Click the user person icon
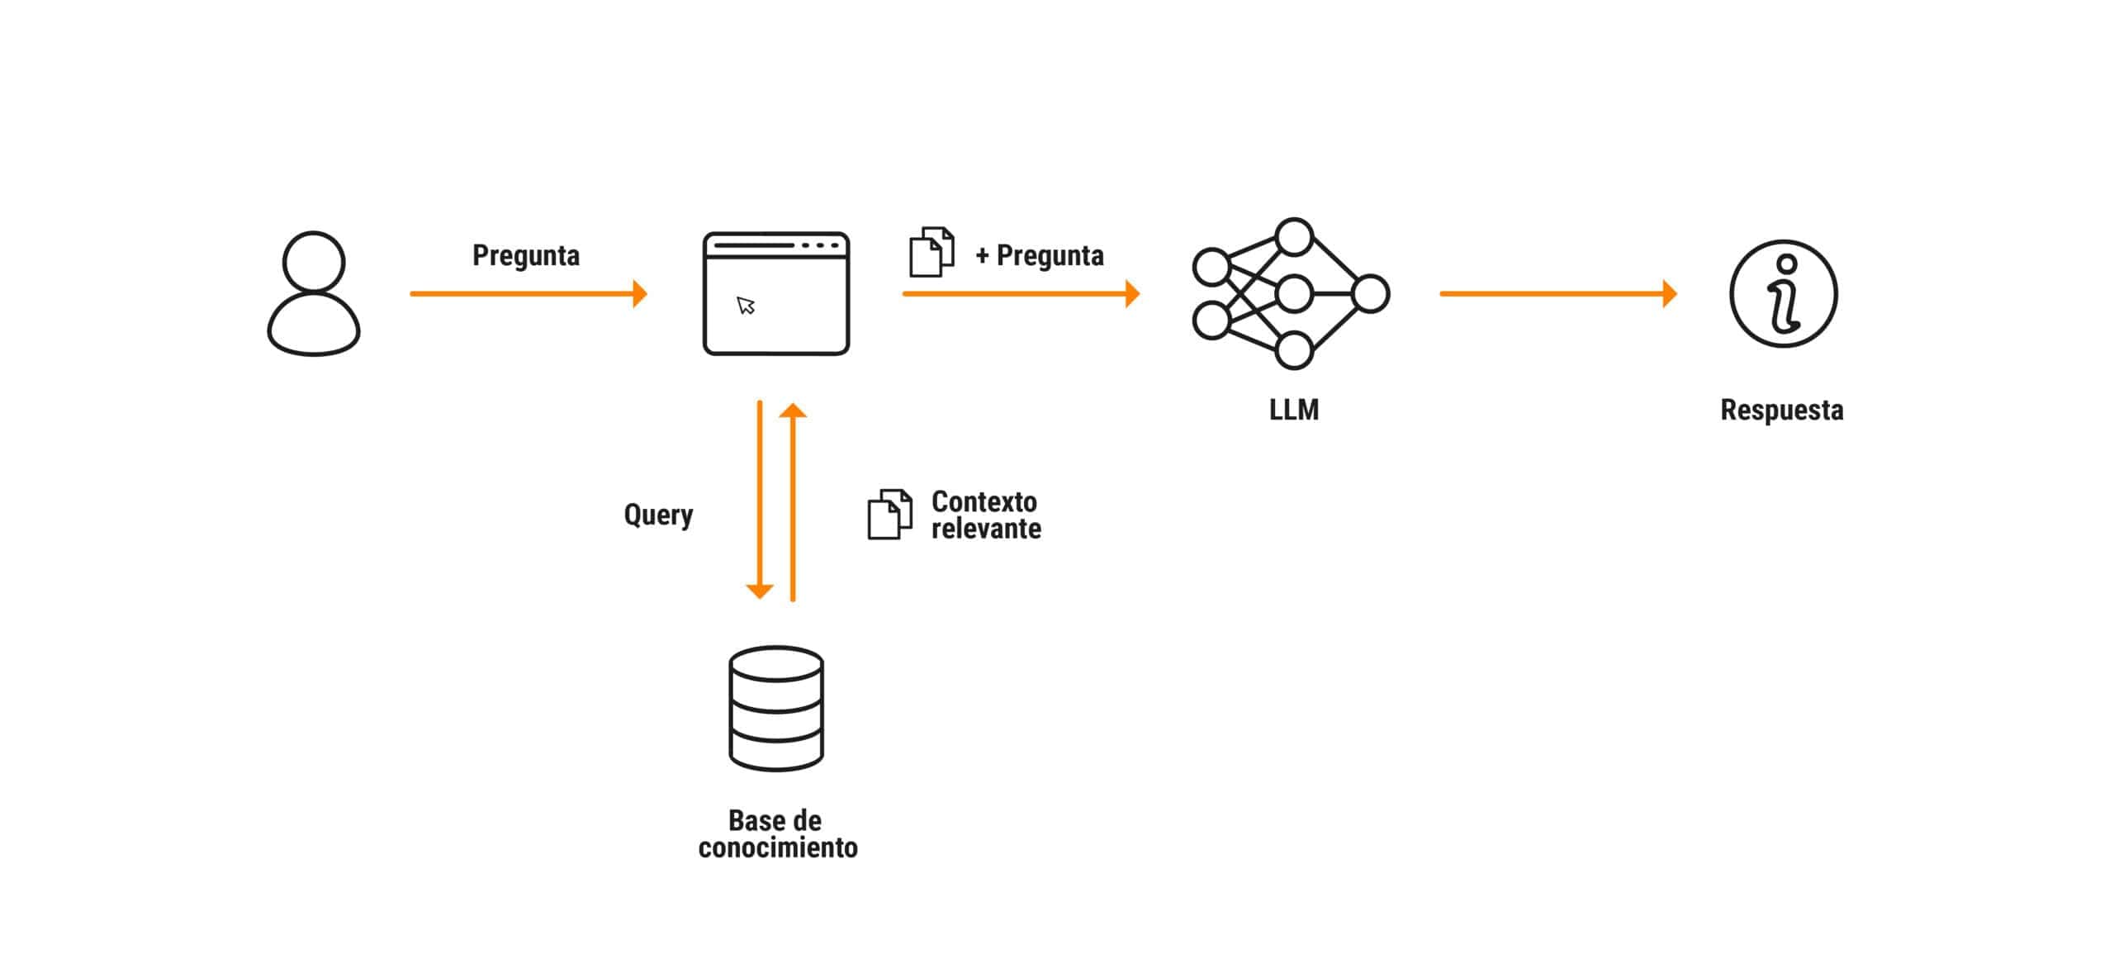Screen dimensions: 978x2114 314,293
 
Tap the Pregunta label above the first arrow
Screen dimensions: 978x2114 526,255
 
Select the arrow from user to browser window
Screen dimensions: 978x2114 528,293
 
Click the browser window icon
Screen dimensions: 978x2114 776,293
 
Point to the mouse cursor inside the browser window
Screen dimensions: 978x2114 747,306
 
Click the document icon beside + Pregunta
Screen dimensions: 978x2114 931,252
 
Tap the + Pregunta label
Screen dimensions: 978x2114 1040,255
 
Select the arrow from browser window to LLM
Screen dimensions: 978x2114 1021,293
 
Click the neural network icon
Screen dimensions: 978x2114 1292,293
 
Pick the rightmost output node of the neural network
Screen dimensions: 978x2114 1372,294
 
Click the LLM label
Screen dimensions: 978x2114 1294,410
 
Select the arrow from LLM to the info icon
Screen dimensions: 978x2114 1557,293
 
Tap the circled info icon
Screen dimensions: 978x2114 1784,294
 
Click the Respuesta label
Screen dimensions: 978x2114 1782,410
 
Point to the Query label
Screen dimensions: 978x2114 658,515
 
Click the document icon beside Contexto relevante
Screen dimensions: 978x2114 889,515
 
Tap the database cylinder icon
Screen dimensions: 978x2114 776,709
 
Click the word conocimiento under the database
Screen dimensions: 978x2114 778,847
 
